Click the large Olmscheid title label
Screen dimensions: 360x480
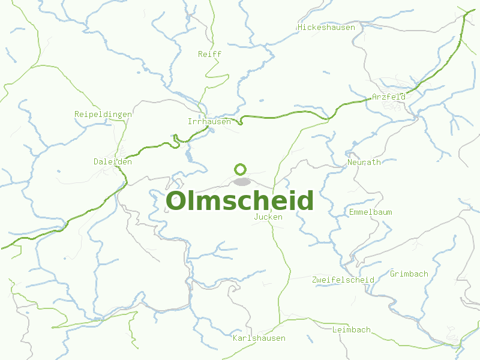(x=240, y=201)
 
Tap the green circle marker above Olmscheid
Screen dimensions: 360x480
(x=241, y=170)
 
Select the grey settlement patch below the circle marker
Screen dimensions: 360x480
(x=242, y=181)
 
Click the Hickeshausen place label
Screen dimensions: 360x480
(x=326, y=28)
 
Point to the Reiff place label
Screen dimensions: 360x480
(x=209, y=54)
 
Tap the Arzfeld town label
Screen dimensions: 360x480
(x=389, y=97)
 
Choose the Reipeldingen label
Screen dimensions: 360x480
(x=99, y=114)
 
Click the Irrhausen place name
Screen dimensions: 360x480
(x=209, y=122)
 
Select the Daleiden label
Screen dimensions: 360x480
(x=112, y=161)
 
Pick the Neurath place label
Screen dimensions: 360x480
(x=364, y=162)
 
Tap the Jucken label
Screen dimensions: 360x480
(x=268, y=217)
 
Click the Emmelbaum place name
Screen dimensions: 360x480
(x=371, y=212)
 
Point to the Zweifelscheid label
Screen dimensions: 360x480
(x=343, y=280)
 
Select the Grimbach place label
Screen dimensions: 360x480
(x=409, y=274)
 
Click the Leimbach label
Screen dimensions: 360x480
(x=352, y=330)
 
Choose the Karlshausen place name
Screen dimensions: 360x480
(x=259, y=338)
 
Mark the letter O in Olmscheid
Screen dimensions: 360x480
(x=177, y=201)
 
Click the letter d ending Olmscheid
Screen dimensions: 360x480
(x=307, y=201)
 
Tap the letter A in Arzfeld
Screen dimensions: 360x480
(x=374, y=97)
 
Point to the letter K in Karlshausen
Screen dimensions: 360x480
(x=235, y=338)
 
